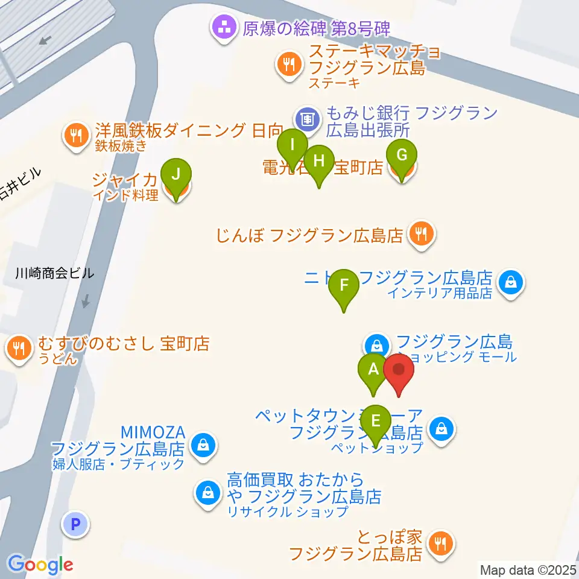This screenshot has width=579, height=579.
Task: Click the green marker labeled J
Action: point(176,176)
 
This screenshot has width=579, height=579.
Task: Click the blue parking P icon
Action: point(75,524)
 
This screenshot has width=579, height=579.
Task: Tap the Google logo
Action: point(40,565)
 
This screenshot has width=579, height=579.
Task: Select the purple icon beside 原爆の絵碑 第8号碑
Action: point(223,27)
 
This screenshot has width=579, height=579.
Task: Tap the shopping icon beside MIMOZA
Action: point(203,447)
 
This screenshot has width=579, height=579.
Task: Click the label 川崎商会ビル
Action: point(55,273)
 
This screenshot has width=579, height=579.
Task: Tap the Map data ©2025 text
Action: point(528,569)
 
